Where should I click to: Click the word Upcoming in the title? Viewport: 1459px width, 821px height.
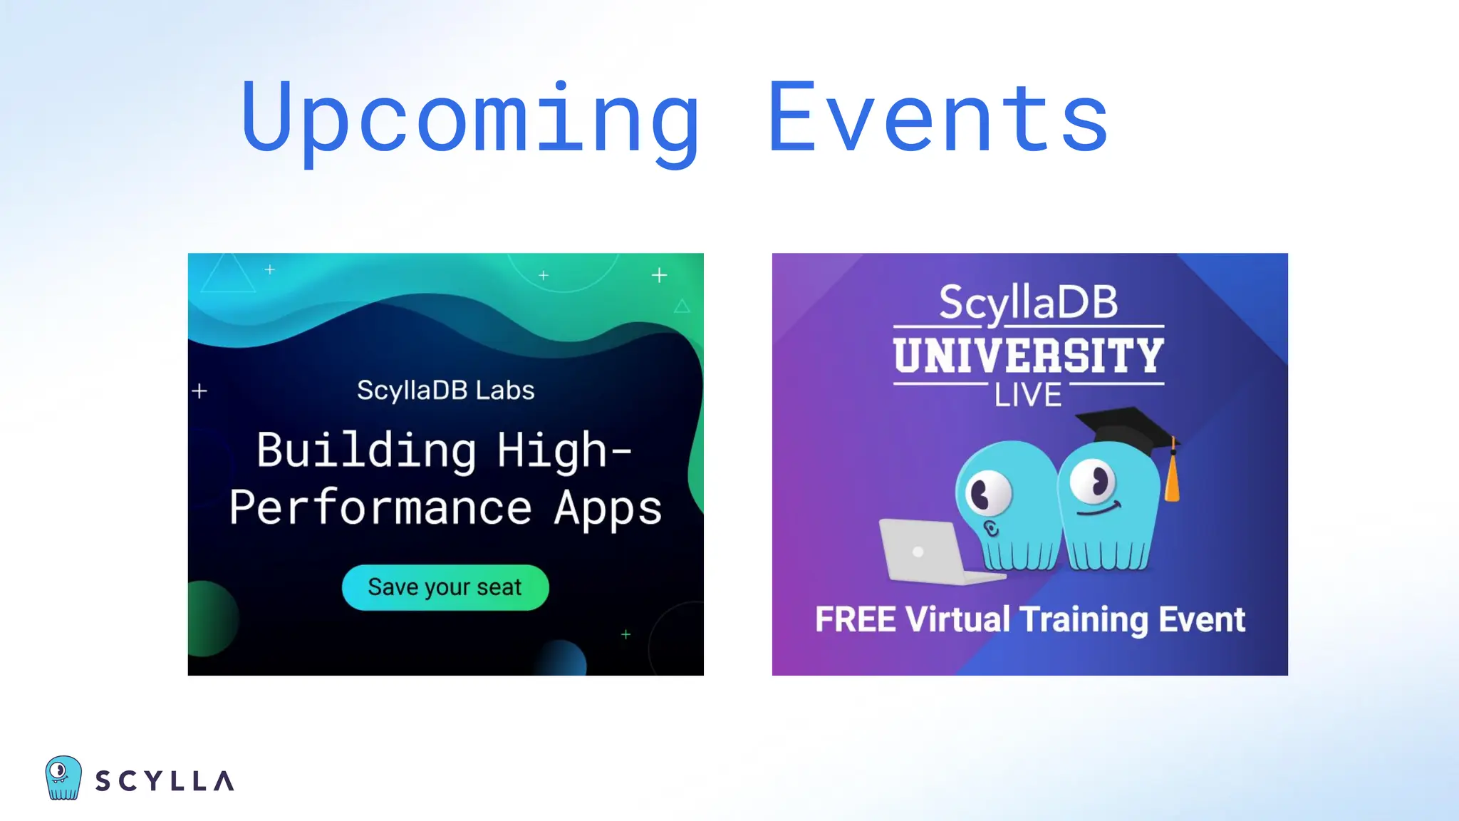point(470,118)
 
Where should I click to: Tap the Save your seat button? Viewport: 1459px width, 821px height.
point(445,587)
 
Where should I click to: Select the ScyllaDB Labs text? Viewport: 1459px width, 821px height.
point(445,390)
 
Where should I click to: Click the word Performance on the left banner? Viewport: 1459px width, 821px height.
point(380,507)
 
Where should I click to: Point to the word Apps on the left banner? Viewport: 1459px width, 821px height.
point(608,509)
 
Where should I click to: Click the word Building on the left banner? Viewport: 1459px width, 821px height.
point(366,450)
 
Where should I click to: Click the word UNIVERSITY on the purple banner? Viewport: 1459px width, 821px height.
point(1029,356)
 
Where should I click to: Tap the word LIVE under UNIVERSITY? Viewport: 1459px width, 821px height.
point(1028,395)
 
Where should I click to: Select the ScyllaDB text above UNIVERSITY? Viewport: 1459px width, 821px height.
point(1028,302)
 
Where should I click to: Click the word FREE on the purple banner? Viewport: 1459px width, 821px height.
point(855,619)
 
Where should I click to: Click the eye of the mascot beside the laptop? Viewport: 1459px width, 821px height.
point(987,493)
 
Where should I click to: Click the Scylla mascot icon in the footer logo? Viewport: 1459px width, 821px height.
point(63,778)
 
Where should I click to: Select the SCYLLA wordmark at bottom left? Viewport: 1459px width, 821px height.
point(165,781)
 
